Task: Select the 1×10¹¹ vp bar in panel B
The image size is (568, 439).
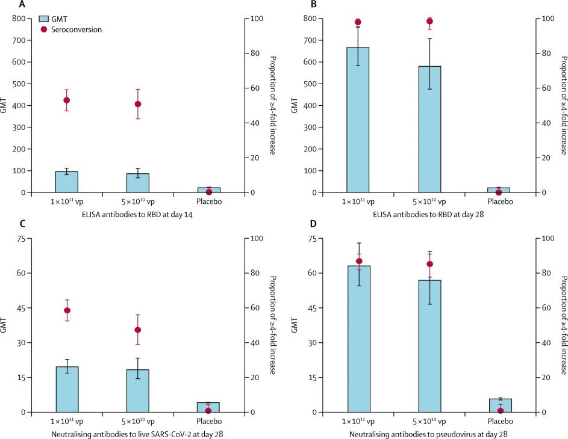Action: (358, 120)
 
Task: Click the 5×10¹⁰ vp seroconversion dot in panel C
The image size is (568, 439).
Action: (138, 330)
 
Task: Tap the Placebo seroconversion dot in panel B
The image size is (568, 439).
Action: (499, 192)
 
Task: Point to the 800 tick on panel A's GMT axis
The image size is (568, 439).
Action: (20, 19)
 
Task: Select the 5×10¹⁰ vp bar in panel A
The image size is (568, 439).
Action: (138, 183)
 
